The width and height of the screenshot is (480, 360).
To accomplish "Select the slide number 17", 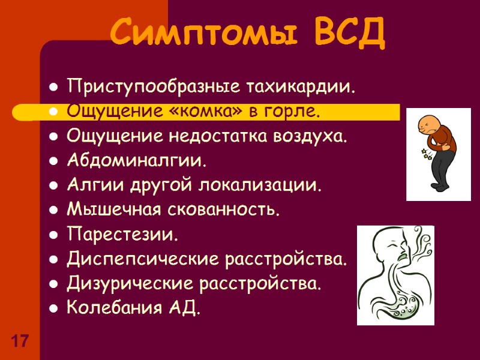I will [20, 342].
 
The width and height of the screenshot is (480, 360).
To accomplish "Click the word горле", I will [294, 112].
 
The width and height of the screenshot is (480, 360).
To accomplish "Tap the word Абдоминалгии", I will [136, 161].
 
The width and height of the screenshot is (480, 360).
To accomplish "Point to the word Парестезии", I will [122, 235].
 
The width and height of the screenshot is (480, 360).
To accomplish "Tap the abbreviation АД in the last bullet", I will [181, 308].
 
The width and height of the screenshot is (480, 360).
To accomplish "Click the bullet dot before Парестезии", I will [54, 235].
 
